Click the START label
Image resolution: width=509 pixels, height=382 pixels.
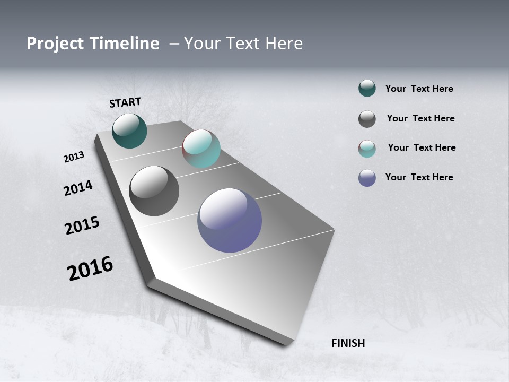(125, 102)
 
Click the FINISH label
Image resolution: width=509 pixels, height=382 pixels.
(348, 343)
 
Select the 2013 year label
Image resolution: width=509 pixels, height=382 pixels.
(74, 157)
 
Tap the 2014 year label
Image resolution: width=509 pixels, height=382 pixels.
(78, 188)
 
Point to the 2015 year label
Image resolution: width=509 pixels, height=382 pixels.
(82, 225)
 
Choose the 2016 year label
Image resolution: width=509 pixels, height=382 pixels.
(90, 268)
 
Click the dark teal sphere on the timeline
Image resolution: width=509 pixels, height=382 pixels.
(129, 131)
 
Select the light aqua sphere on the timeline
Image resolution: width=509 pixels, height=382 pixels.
(201, 149)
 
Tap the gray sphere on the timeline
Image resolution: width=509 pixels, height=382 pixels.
(154, 191)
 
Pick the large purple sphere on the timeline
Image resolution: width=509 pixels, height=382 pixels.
(230, 220)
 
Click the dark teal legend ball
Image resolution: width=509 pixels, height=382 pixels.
(367, 89)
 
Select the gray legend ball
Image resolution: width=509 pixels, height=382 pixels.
(367, 119)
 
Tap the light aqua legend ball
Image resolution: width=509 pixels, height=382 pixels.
(367, 149)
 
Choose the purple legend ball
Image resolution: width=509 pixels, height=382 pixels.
(367, 178)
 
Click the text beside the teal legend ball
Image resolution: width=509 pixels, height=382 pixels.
(419, 89)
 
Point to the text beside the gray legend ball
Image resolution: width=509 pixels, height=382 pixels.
(420, 118)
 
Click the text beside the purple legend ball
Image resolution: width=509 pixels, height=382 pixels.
(419, 177)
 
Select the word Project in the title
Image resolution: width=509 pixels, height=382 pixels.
(52, 44)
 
